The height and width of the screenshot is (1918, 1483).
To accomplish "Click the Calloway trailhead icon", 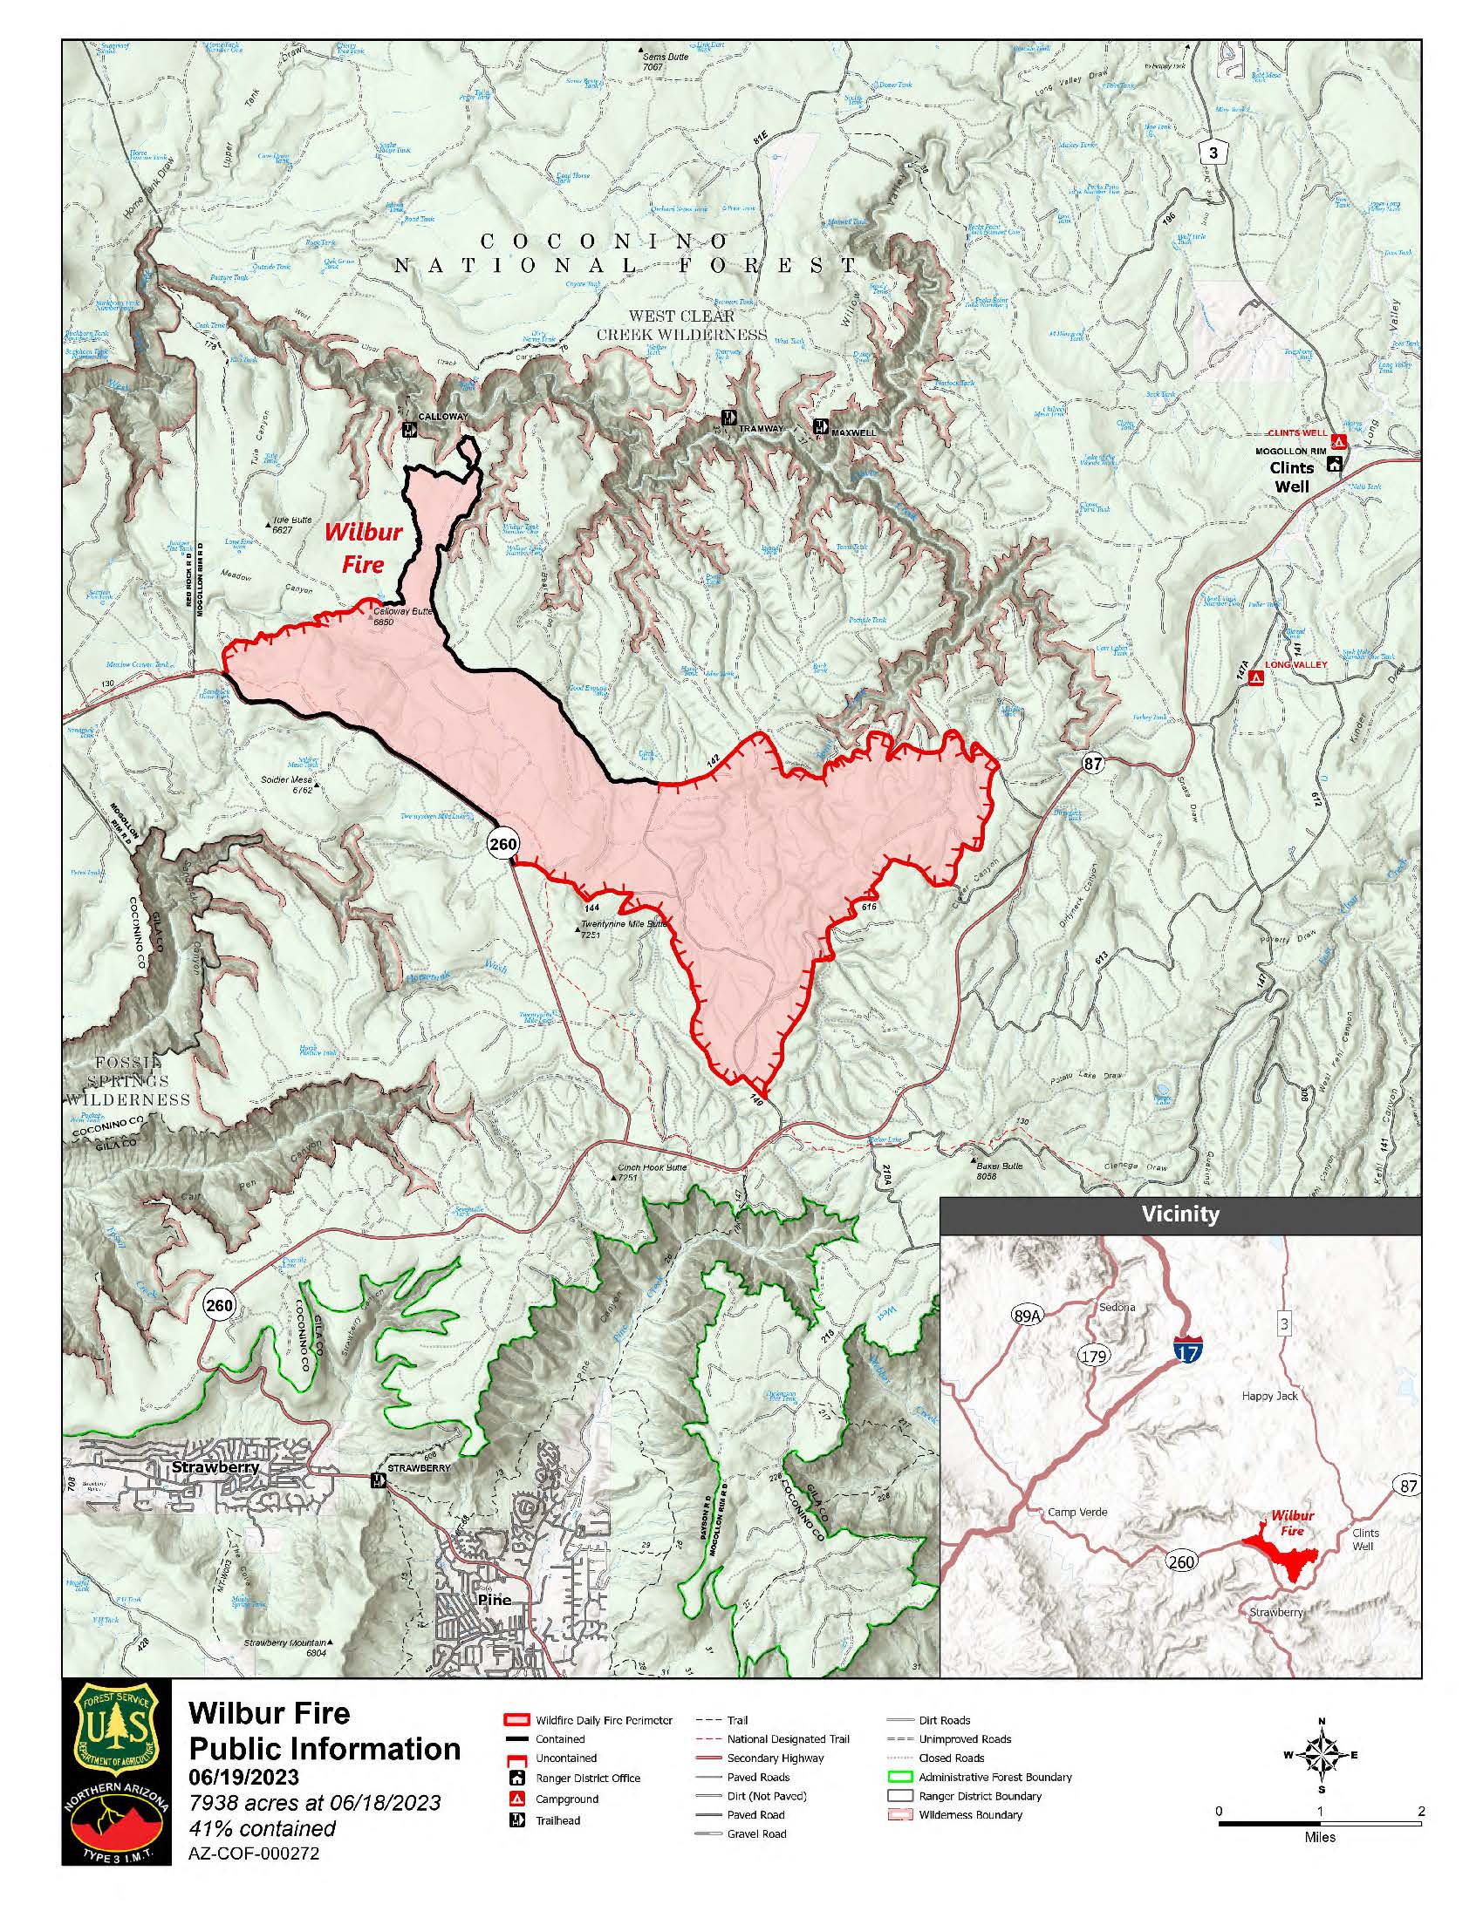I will pos(408,430).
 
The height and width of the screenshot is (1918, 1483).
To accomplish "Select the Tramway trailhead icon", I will pos(728,417).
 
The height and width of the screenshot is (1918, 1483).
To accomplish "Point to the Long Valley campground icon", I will pos(1256,678).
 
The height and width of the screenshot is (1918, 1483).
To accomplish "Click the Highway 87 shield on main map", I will pos(1092,764).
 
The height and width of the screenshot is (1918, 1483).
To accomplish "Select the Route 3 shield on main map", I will pos(1213,153).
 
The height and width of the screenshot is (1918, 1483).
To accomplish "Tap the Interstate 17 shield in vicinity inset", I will pos(1186,1351).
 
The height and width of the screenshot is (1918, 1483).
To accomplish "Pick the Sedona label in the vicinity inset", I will pos(1117,1307).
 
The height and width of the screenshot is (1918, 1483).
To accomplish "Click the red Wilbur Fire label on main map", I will pos(363,547).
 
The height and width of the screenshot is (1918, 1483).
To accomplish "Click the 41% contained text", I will pos(263,1827).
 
